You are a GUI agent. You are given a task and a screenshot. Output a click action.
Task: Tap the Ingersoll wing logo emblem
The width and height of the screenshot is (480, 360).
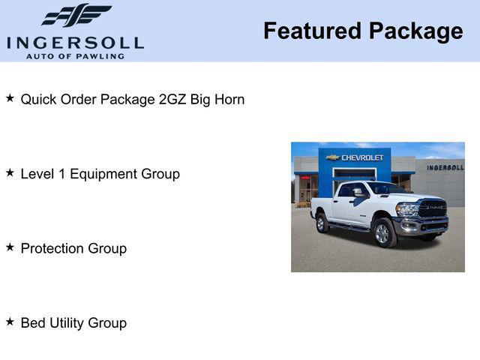tap(76, 15)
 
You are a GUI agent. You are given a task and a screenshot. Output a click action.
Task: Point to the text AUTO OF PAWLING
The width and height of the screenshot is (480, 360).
tap(75, 56)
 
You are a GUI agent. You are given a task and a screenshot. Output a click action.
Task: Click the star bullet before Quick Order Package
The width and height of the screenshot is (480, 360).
tap(10, 98)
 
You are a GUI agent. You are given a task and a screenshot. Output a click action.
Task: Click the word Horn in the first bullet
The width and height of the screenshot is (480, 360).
tap(229, 99)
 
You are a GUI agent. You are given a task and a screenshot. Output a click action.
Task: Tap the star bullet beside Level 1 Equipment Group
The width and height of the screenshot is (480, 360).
tap(10, 172)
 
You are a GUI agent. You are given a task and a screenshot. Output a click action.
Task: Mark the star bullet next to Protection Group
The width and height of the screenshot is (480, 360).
tap(10, 247)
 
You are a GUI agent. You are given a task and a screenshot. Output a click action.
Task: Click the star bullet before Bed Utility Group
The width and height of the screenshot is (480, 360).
tap(10, 321)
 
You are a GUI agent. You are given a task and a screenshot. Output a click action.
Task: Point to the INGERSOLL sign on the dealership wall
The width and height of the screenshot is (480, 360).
tap(445, 167)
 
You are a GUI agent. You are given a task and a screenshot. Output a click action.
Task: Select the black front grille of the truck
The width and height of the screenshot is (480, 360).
tap(432, 209)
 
